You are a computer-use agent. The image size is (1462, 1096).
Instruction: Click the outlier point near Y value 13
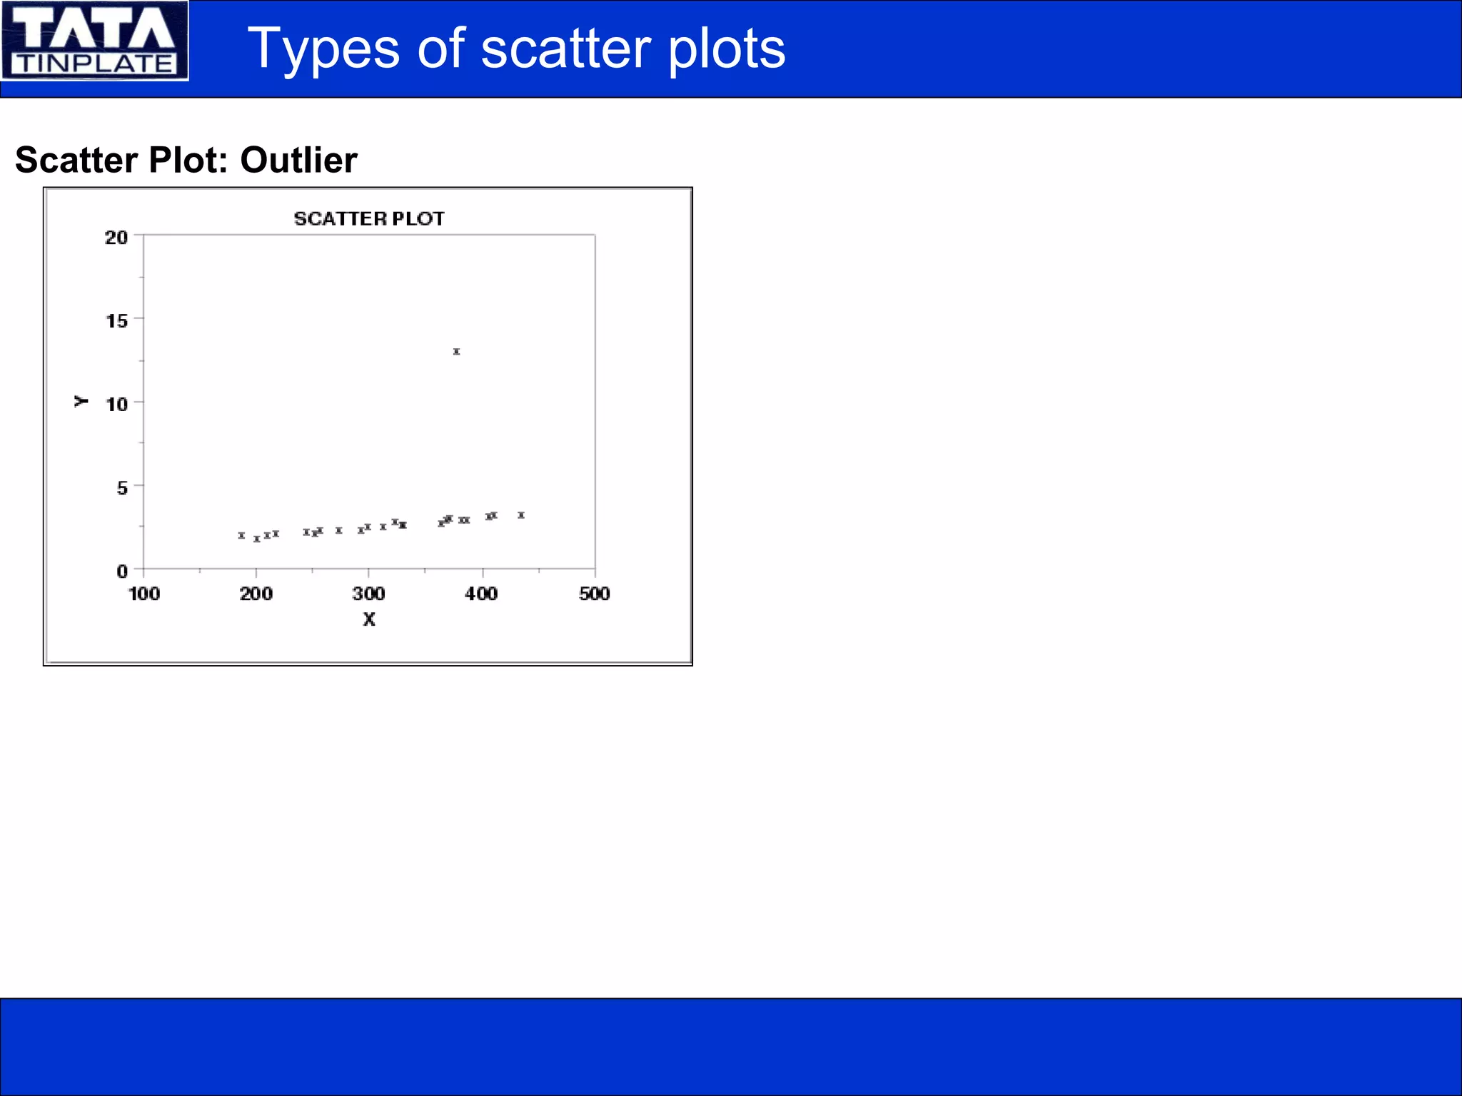point(456,351)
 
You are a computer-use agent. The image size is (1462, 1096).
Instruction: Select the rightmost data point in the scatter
point(521,514)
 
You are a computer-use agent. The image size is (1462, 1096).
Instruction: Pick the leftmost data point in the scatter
point(241,535)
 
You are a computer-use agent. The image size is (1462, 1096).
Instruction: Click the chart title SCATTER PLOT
point(369,218)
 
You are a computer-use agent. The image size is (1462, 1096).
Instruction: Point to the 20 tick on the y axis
point(116,237)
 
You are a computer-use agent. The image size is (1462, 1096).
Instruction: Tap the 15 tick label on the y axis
point(116,320)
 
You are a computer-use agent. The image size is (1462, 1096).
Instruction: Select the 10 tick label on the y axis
point(116,404)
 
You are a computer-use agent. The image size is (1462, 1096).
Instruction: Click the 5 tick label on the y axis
point(122,487)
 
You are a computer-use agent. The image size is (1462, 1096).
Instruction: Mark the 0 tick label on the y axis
point(122,571)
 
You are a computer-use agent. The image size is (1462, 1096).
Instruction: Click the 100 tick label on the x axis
point(144,593)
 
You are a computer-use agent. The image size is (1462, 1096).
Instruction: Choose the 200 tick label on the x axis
point(256,593)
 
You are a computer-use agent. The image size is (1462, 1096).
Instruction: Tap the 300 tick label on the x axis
point(368,593)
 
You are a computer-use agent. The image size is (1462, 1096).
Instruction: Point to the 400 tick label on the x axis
point(481,593)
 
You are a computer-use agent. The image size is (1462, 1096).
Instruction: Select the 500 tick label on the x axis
point(594,593)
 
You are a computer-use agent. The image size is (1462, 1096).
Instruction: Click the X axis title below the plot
point(368,619)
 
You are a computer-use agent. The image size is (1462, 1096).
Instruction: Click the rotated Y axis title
point(81,401)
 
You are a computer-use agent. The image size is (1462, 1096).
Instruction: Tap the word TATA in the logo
point(94,29)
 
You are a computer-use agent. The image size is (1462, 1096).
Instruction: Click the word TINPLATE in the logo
point(95,64)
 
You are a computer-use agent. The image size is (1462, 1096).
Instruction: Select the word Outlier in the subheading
point(298,160)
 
